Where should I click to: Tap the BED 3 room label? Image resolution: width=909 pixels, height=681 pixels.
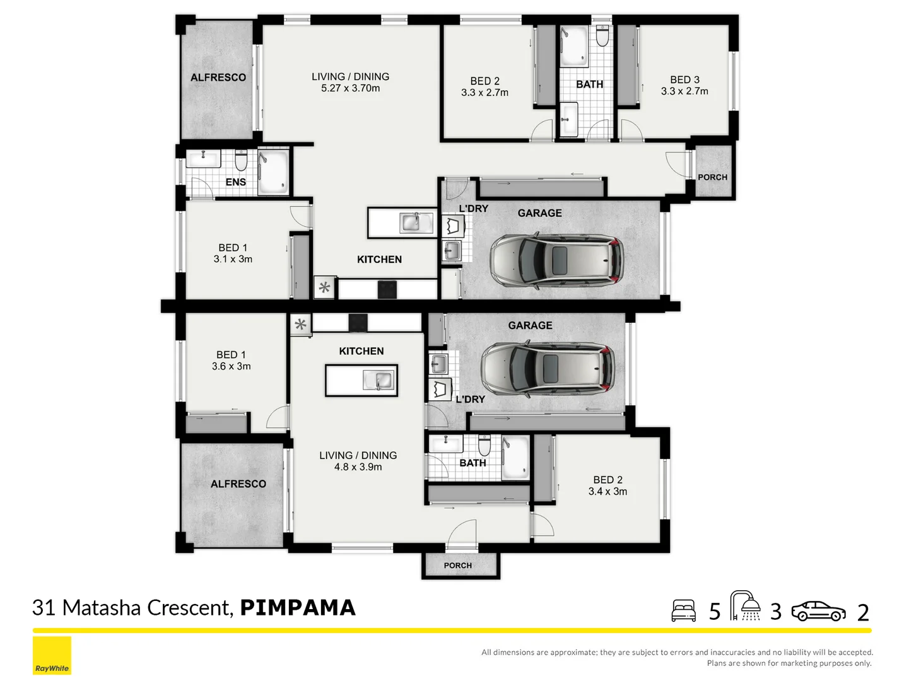(684, 80)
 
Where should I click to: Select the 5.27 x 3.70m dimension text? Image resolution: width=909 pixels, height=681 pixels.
(350, 88)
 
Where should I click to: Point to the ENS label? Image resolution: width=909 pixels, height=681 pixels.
(235, 182)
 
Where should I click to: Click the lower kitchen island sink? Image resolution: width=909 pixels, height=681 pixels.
(378, 380)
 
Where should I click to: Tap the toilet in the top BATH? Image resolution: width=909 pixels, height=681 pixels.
(602, 37)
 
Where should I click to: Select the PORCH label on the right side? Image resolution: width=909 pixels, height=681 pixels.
(712, 177)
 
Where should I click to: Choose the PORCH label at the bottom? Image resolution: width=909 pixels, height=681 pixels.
(457, 566)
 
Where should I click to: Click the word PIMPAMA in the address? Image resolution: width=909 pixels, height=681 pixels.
(298, 607)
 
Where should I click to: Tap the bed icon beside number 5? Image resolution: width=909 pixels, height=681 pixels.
(683, 610)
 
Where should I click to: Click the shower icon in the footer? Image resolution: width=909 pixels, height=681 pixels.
(745, 606)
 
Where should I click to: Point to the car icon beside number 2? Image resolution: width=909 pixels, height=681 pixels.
(818, 611)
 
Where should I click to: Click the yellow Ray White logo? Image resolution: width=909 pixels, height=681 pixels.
(52, 656)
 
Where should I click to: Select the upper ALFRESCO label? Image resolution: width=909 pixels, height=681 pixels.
(218, 78)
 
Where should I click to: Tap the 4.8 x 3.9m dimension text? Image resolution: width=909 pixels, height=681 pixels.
(358, 467)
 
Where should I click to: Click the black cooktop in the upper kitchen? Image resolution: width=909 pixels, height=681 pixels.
(387, 289)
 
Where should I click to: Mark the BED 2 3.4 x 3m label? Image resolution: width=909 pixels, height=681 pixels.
(607, 486)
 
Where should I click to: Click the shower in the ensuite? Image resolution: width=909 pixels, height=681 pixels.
(274, 172)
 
